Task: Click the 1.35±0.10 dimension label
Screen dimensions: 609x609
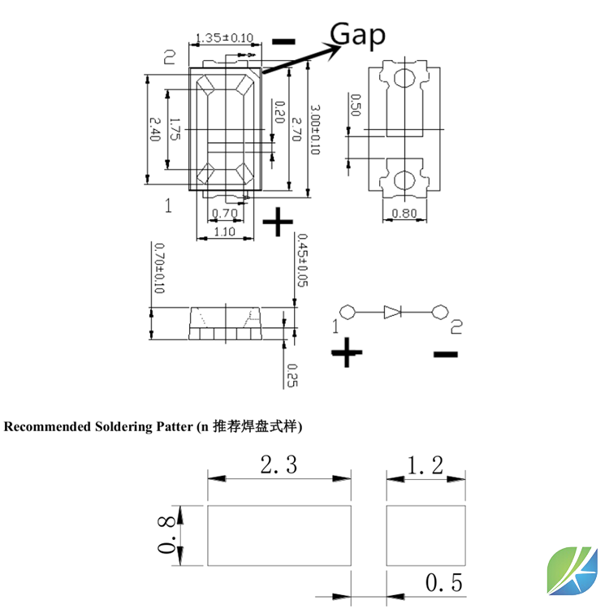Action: pos(220,37)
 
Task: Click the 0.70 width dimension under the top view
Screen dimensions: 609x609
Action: pos(223,214)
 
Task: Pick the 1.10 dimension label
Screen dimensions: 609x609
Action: pos(223,231)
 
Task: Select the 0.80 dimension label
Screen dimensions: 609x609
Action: pos(404,214)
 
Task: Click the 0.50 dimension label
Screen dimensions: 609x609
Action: pos(354,106)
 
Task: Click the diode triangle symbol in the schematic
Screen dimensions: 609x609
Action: pos(393,311)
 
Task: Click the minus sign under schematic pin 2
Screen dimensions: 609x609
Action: pos(445,353)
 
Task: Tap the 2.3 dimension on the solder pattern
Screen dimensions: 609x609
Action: pos(279,465)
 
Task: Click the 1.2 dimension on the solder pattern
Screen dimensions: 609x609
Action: pos(425,465)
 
